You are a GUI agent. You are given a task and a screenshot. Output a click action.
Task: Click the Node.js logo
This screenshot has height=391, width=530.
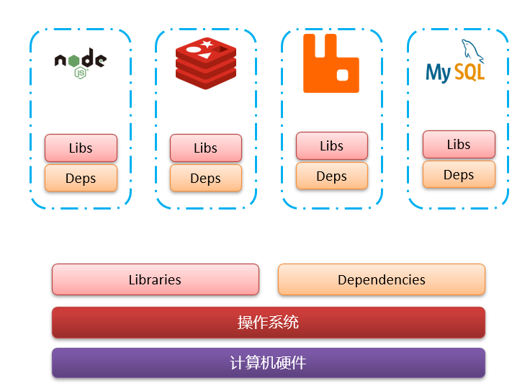coord(80,63)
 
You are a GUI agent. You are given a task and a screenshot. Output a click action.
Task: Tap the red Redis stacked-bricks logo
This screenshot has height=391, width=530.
coord(206,63)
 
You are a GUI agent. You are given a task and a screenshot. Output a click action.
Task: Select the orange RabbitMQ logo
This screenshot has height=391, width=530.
coord(331,63)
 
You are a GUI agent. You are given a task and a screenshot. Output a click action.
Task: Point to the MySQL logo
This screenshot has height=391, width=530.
coord(456,63)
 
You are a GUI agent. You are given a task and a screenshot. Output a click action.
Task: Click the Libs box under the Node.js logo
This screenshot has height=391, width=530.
coord(81,148)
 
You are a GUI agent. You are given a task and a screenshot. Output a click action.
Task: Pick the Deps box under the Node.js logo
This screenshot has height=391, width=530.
coord(81,178)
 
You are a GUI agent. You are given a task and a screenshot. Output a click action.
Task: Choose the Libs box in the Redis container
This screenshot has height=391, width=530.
coord(206,148)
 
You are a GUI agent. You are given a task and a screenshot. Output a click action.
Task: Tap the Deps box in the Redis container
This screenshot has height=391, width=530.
coord(206,178)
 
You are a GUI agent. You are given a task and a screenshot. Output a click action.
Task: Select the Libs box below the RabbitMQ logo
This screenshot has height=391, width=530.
coord(331,145)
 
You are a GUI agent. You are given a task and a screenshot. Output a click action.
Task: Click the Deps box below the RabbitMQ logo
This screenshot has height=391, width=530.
coord(331,176)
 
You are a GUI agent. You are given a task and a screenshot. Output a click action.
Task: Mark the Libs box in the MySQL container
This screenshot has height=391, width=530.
coord(459,144)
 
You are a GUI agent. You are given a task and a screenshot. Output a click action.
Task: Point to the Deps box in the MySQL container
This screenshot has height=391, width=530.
coord(459,174)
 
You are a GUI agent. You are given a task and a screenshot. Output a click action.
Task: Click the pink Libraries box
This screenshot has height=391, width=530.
coord(155,279)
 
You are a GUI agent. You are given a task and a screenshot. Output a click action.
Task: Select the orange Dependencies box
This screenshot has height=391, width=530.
coord(381,279)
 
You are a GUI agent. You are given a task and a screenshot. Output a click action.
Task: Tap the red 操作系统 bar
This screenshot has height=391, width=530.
coord(268,322)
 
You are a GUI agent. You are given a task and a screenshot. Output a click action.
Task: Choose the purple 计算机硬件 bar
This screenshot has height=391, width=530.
coord(268,363)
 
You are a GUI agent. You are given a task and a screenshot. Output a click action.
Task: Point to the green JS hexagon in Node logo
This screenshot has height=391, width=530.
coord(81,73)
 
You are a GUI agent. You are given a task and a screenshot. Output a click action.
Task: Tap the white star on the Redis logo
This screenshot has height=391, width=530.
coord(207,45)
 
